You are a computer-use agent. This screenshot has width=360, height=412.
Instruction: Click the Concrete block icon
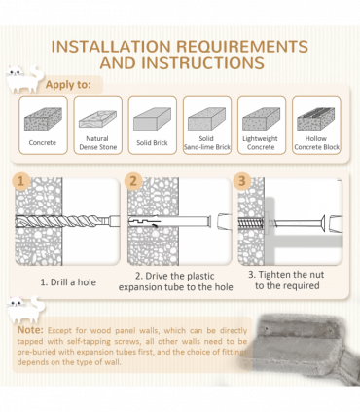(x=43, y=119)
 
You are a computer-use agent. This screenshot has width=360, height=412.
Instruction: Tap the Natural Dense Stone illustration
(x=97, y=119)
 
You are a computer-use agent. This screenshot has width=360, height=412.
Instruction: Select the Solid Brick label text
(x=152, y=143)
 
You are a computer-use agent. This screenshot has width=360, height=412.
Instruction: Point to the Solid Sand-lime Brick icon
(x=207, y=119)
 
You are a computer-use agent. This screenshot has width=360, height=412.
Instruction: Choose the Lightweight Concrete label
(x=261, y=143)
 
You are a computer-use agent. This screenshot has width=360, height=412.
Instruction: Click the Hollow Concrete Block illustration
(x=316, y=119)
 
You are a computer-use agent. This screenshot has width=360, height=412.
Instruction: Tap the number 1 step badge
(x=21, y=181)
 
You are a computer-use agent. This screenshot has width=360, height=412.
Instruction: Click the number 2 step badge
(x=133, y=181)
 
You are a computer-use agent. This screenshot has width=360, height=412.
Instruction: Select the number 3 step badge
(x=242, y=181)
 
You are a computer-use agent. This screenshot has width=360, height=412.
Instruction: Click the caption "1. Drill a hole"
(x=68, y=282)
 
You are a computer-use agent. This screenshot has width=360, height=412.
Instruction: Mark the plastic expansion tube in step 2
(x=169, y=221)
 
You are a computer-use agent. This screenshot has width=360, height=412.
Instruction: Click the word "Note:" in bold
(x=30, y=330)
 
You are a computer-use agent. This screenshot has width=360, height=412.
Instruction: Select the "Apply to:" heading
(x=68, y=85)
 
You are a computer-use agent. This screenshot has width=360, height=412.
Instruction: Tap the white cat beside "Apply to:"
(x=23, y=79)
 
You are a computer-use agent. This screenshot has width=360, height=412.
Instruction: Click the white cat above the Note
(x=25, y=309)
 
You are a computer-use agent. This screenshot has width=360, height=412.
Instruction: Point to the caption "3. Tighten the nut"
(x=286, y=275)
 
